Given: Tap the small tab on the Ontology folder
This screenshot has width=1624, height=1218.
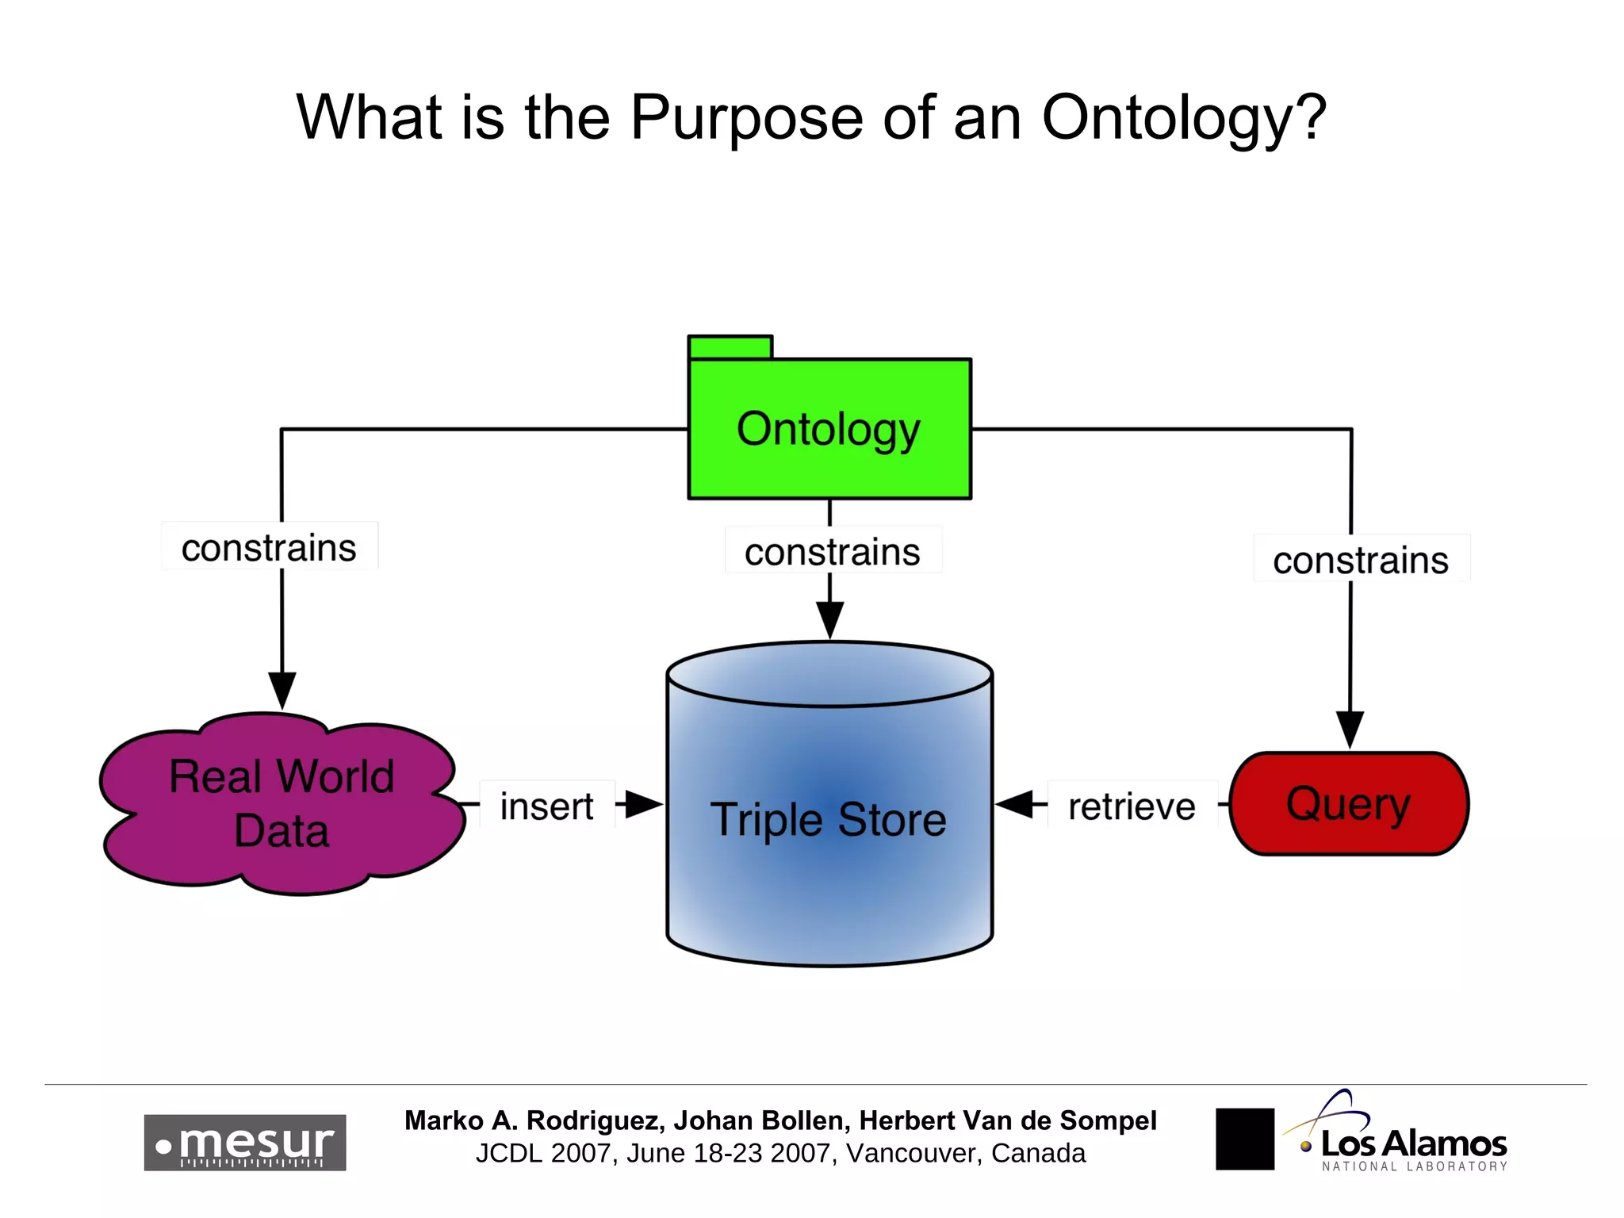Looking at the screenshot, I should (x=730, y=347).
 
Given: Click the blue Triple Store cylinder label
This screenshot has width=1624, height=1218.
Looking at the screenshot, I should (x=829, y=819).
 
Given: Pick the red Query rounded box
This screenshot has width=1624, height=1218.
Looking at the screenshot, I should (x=1349, y=803).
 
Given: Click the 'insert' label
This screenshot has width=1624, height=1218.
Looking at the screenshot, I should (x=546, y=806).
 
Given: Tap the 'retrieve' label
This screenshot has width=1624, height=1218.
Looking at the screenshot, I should (x=1132, y=806).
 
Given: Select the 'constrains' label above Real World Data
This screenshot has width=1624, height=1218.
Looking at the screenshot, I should (x=269, y=547).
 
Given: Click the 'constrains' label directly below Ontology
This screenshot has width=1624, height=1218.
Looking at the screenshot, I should (x=832, y=551).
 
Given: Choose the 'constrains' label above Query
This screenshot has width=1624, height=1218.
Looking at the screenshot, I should (x=1361, y=560).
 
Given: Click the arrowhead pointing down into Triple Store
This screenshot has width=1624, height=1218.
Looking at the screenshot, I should (x=829, y=619).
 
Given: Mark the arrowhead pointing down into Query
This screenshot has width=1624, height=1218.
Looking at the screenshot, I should (x=1350, y=728).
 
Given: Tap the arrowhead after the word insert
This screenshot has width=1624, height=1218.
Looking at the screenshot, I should (x=643, y=803).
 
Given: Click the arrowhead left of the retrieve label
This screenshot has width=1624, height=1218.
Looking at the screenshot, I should (x=1015, y=803).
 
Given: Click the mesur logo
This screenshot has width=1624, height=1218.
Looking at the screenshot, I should (x=244, y=1142).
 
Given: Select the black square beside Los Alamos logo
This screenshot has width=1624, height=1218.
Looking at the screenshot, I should (x=1244, y=1139).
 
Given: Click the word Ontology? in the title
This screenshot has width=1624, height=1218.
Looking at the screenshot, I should (x=1183, y=117).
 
